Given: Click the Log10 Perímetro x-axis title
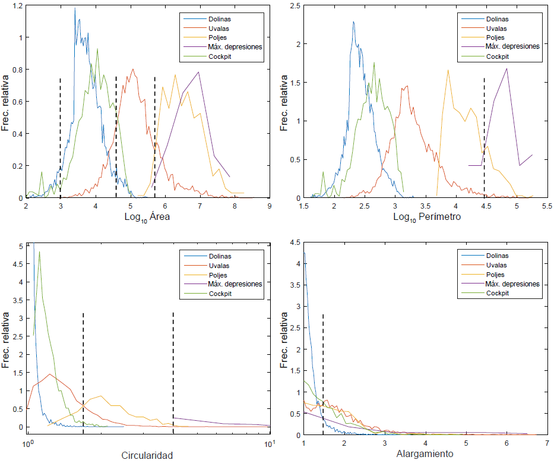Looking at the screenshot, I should pos(426,217).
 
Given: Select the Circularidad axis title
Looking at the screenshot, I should pos(147,455).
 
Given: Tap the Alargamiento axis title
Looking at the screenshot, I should pos(424,453).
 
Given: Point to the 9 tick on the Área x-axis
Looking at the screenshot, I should pos(270,206).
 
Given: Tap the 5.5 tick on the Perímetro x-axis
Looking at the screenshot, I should pos(547,206).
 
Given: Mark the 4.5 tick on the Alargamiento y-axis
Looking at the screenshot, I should pos(294,242).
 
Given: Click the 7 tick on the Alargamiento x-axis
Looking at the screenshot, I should pos(547,442).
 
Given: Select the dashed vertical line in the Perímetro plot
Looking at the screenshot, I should pos(484,137).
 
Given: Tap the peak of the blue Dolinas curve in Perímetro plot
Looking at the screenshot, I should pos(353,22).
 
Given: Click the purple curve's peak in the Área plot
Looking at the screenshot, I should pos(199,72).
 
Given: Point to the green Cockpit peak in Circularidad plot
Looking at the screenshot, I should pos(39,251).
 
